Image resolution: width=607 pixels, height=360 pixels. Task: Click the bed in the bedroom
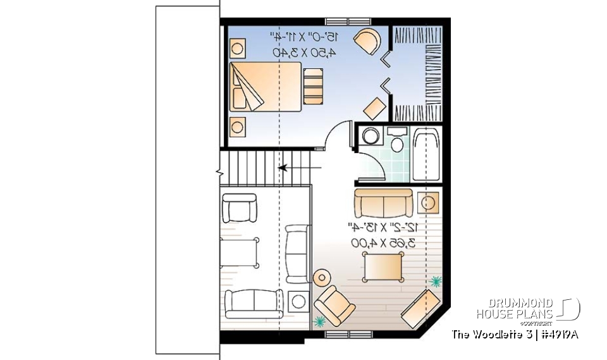[x=266, y=87]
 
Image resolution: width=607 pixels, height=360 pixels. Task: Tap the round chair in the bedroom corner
[x=367, y=42]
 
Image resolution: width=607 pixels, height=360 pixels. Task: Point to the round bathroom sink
[x=371, y=136]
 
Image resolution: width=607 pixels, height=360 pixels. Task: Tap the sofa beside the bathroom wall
[x=383, y=202]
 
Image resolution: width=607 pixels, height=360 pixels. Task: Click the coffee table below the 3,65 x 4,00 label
[x=383, y=266]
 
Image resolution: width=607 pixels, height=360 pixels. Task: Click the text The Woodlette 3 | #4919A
[x=515, y=334]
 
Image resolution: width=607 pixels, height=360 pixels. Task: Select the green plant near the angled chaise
[x=435, y=279]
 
